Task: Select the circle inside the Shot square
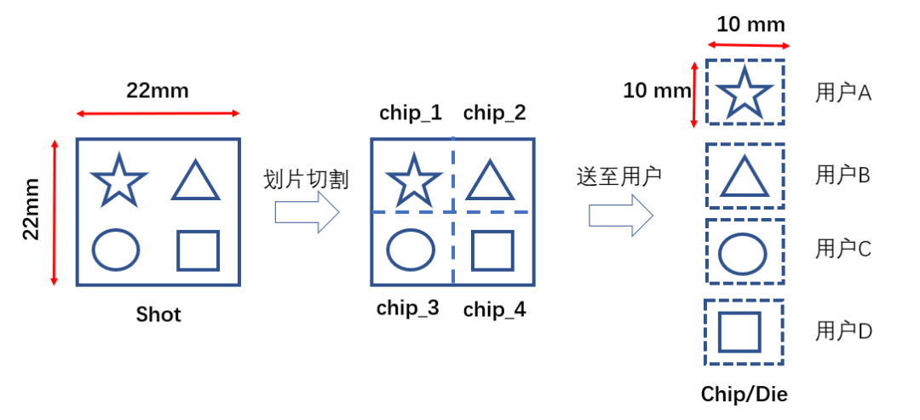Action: pyautogui.click(x=116, y=250)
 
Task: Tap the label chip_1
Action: pyautogui.click(x=411, y=112)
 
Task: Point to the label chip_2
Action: pyautogui.click(x=494, y=112)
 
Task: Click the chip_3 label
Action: pyautogui.click(x=408, y=308)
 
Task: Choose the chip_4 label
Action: pyautogui.click(x=494, y=310)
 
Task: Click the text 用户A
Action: pyautogui.click(x=843, y=93)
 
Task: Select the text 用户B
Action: pyautogui.click(x=843, y=175)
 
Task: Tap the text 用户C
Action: pyautogui.click(x=843, y=249)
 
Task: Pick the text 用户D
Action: pyautogui.click(x=843, y=331)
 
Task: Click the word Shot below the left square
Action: pyautogui.click(x=158, y=314)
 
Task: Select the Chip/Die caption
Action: pyautogui.click(x=745, y=394)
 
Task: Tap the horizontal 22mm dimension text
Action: pyautogui.click(x=158, y=91)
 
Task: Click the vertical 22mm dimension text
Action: pyautogui.click(x=32, y=209)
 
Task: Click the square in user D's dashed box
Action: pyautogui.click(x=739, y=331)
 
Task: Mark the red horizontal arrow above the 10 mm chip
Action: pyautogui.click(x=749, y=45)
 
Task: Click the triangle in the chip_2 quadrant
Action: pyautogui.click(x=487, y=181)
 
